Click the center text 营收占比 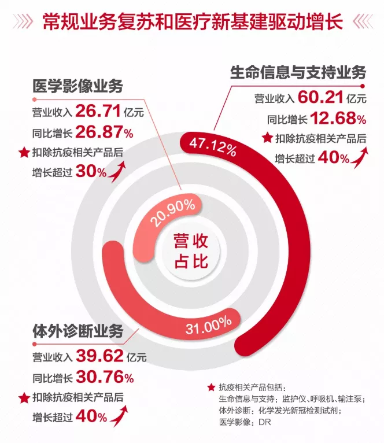point(191,250)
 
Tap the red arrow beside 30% point(119,170)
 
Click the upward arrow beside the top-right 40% point(361,156)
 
